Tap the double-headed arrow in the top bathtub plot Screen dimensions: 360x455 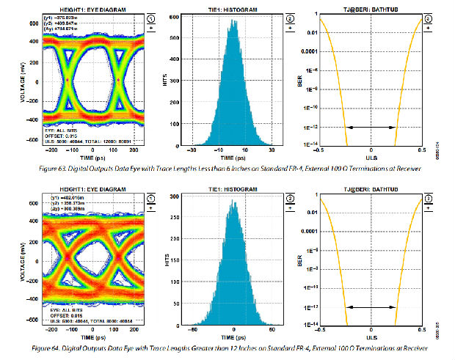click(x=371, y=128)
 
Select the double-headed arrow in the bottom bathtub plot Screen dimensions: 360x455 click(x=371, y=306)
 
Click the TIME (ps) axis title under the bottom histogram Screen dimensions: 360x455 click(x=233, y=339)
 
